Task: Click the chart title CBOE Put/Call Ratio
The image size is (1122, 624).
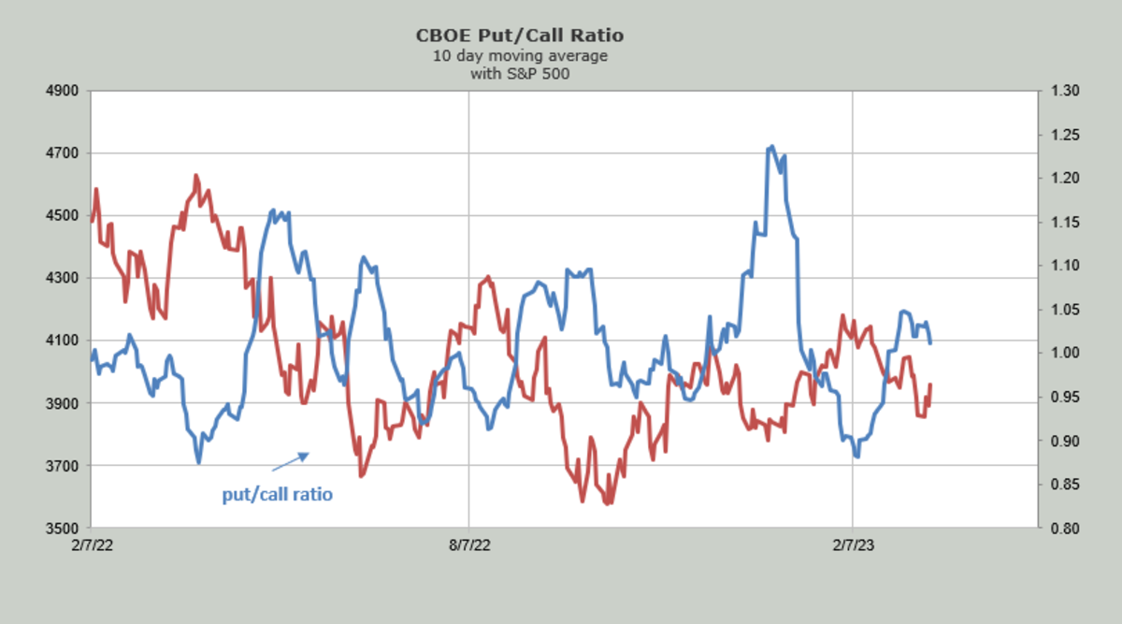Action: (520, 36)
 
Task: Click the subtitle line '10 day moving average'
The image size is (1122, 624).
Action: (520, 56)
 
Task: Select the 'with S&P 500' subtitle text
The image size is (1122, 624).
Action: (520, 74)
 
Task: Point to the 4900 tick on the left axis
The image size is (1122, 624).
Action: (69, 92)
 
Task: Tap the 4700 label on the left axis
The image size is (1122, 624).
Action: (69, 153)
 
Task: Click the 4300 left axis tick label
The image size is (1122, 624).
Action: (69, 279)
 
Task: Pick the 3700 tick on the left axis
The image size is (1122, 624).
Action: (69, 466)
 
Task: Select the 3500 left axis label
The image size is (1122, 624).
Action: (69, 529)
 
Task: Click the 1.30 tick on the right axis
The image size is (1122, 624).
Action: (1066, 92)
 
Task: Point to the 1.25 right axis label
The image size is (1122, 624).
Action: (1066, 135)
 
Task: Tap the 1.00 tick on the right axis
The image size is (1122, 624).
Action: (1066, 354)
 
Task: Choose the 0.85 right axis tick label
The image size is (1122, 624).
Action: (1066, 485)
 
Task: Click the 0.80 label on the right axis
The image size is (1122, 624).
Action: (1066, 529)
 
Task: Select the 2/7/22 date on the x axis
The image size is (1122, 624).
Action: (93, 544)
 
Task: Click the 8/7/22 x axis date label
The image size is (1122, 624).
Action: (468, 544)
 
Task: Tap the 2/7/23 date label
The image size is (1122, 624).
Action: (852, 544)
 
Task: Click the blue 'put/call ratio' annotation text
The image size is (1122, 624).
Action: (277, 494)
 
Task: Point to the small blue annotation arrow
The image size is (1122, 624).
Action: (290, 461)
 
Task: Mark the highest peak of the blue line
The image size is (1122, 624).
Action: (771, 147)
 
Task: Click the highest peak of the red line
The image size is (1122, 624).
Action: (195, 175)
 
